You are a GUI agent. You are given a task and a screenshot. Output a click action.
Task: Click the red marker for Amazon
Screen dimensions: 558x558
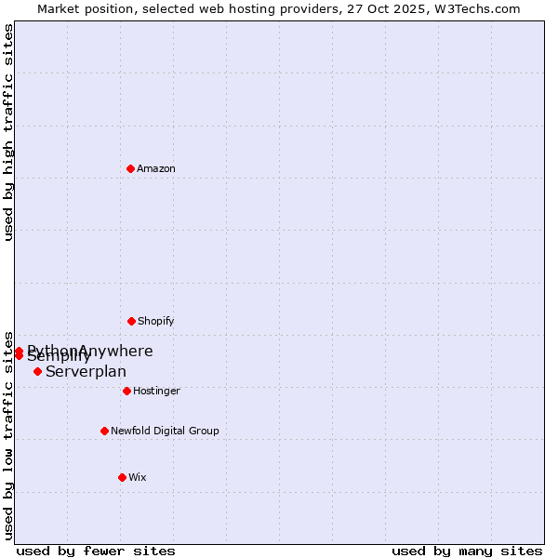[x=131, y=168]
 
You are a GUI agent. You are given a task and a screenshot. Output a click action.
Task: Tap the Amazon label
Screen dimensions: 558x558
[x=156, y=168]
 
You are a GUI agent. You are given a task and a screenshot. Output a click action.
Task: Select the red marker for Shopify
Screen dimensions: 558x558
[x=131, y=321]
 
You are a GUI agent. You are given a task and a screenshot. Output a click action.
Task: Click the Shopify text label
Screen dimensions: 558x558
[x=156, y=321]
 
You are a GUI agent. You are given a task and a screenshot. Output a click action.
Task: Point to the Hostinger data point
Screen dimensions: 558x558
[x=126, y=391]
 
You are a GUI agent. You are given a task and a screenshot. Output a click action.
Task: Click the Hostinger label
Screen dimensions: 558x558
[x=156, y=391]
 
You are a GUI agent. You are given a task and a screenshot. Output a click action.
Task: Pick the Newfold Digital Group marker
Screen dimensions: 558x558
[x=104, y=431]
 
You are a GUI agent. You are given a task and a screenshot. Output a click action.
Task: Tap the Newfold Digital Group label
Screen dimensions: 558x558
[x=165, y=431]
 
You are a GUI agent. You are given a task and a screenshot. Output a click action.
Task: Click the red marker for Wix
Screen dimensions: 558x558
[x=122, y=477]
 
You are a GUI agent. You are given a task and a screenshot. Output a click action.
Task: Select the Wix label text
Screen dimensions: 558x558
[x=138, y=477]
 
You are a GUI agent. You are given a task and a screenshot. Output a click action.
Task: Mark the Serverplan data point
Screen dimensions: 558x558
[x=37, y=371]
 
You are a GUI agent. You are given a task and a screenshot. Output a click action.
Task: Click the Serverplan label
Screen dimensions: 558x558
[x=86, y=372]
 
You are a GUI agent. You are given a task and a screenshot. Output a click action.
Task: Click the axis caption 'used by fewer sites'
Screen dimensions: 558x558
[x=96, y=551]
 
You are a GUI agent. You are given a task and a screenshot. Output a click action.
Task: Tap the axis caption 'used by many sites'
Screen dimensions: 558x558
[x=467, y=551]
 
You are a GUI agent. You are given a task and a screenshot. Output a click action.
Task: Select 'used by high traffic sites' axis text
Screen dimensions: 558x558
[x=8, y=132]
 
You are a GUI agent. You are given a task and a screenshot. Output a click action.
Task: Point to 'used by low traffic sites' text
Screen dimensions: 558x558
[x=8, y=434]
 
